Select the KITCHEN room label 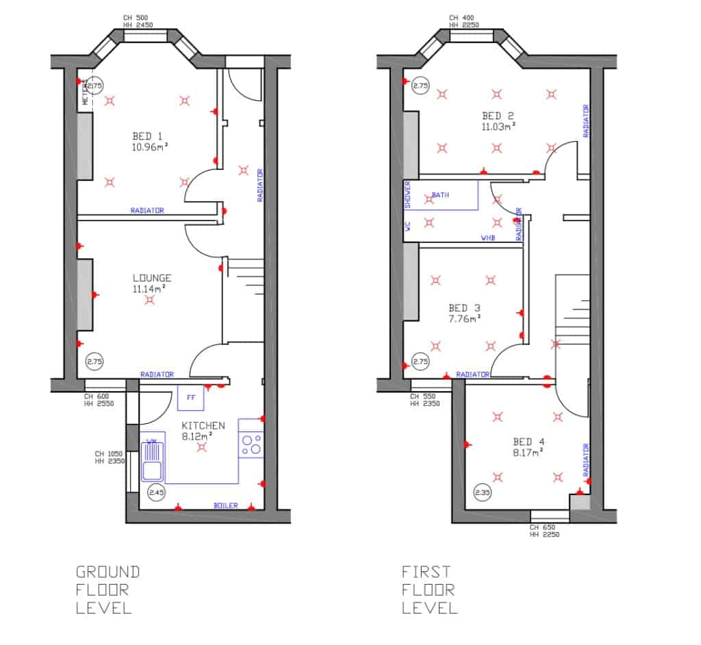coord(203,425)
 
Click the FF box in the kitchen coord(190,397)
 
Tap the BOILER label coord(226,505)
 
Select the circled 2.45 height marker coord(156,492)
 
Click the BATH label coord(440,195)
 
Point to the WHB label coord(488,238)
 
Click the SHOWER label coord(407,194)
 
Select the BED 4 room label coord(528,442)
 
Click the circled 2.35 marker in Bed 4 coord(483,492)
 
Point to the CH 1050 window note coord(109,457)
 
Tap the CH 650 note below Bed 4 coord(544,531)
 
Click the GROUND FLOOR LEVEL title coord(107,589)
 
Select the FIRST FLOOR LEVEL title coord(429,589)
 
